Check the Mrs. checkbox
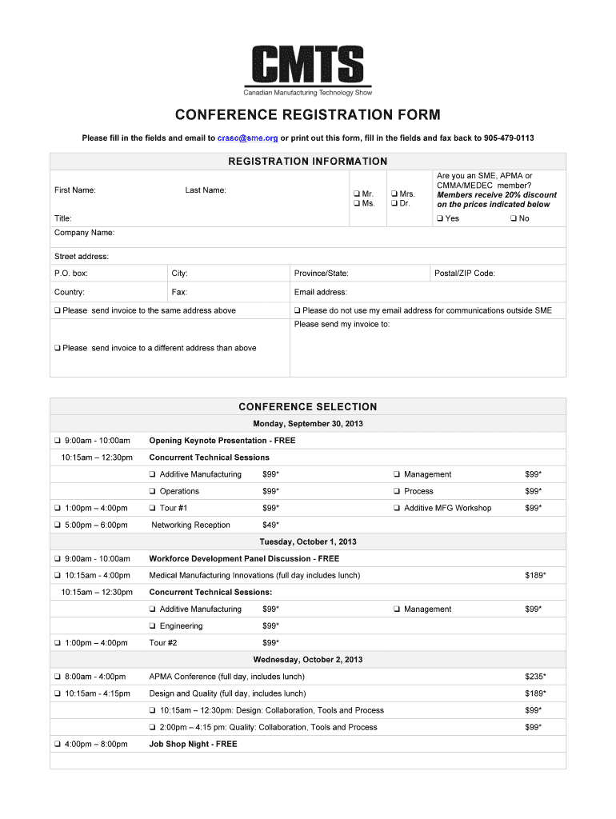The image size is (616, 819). (x=394, y=194)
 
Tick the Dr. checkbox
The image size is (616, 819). (x=394, y=204)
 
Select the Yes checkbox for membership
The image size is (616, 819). (x=440, y=218)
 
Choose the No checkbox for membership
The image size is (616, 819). (x=514, y=218)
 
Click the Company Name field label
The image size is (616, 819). (x=84, y=233)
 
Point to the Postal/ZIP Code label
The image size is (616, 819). (x=464, y=274)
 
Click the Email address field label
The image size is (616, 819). (x=320, y=293)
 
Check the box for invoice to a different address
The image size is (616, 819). (x=58, y=349)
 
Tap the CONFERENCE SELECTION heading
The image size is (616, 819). (x=308, y=406)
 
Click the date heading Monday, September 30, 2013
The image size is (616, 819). (x=308, y=424)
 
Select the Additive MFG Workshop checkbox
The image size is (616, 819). (x=396, y=509)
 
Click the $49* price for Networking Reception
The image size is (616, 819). (x=270, y=525)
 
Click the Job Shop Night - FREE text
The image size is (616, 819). (x=193, y=744)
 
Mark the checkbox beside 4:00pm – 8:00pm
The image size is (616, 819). (x=58, y=744)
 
